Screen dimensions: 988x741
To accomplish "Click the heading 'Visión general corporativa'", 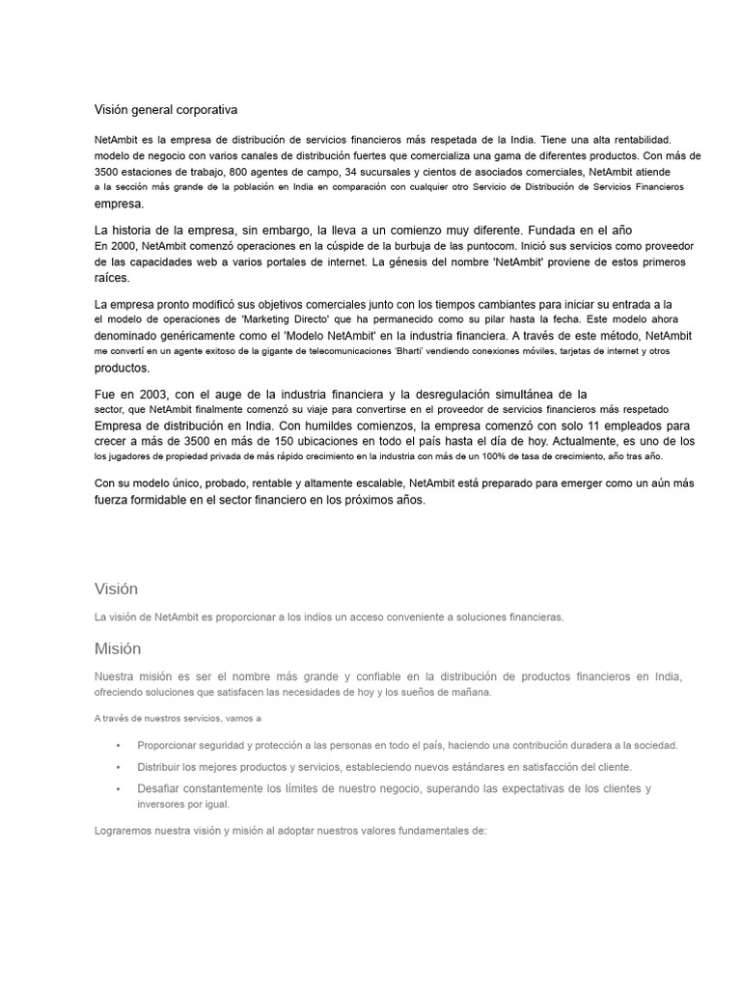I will click(x=166, y=110).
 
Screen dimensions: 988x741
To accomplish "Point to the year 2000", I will click(x=124, y=246).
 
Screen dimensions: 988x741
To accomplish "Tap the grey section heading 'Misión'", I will click(x=118, y=648).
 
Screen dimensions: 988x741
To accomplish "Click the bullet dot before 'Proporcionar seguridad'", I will click(x=118, y=745).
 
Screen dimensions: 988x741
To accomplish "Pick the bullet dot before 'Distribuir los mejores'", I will click(x=118, y=767).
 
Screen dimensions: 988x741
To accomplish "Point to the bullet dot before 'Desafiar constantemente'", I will click(x=118, y=788).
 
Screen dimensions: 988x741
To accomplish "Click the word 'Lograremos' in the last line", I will click(x=126, y=830).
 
